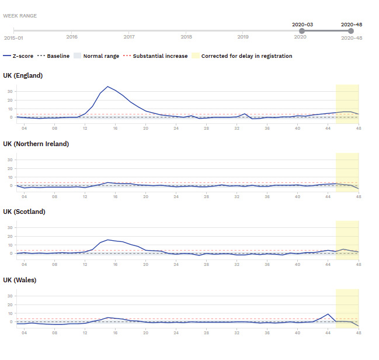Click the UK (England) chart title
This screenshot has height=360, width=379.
23,75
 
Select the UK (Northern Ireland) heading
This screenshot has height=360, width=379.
36,144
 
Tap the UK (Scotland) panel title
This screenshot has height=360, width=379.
24,212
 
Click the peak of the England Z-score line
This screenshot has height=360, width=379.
107,86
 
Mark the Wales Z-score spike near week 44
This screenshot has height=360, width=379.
329,314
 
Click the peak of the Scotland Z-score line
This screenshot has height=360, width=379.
108,240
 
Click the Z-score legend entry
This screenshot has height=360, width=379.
19,56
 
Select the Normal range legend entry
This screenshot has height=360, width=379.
97,56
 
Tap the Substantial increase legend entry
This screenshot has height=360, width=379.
157,56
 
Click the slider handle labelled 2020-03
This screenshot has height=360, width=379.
302,30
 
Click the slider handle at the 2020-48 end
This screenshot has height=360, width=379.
351,30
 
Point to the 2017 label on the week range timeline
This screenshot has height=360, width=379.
129,37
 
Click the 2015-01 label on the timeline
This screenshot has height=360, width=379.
13,37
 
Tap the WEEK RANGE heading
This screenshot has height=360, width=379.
20,16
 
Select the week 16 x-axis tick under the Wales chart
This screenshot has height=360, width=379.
116,332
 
